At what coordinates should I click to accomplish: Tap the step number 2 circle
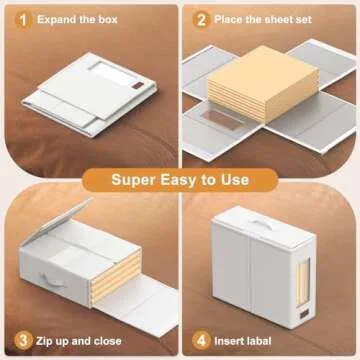pos(201,18)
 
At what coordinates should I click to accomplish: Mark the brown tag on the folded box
pos(133,91)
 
